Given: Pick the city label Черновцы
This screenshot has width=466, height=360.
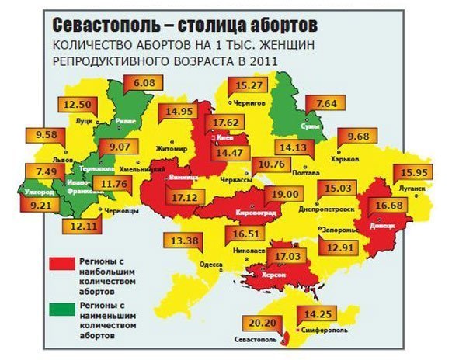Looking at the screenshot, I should pos(122,209).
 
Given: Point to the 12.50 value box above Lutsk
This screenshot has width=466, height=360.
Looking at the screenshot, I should pos(78,105).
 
